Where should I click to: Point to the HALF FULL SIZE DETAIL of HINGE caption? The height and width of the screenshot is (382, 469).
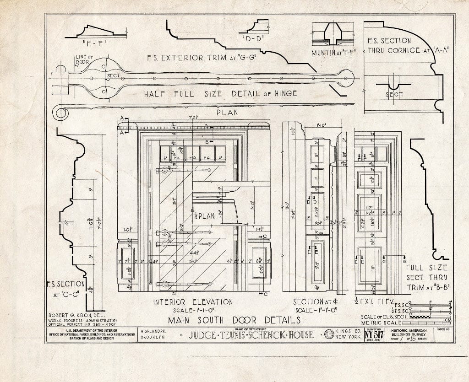point(220,93)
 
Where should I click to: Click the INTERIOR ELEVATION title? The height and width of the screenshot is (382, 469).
point(193,302)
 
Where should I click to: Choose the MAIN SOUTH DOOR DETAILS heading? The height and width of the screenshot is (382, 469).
point(234,319)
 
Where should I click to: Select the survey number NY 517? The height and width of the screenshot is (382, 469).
point(375,335)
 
